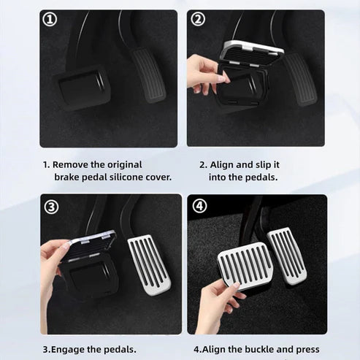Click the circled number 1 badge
[x=50, y=20]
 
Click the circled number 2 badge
[x=198, y=20]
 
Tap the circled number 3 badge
[x=51, y=207]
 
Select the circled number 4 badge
[x=199, y=207]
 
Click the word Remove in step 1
[x=72, y=165]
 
